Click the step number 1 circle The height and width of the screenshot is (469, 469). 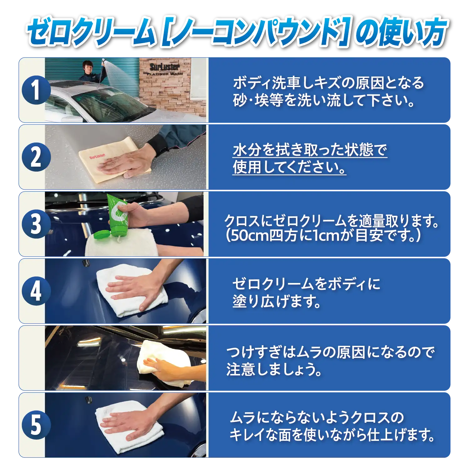point(36,90)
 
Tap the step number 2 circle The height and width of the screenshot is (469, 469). point(36,157)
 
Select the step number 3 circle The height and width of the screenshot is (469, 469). point(36,224)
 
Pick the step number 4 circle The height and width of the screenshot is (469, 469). point(36,291)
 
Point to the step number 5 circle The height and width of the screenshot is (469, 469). point(36,425)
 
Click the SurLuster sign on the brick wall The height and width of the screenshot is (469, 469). point(165,69)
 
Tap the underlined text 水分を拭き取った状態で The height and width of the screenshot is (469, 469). point(310,150)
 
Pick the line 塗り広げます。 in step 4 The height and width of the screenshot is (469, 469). point(277,301)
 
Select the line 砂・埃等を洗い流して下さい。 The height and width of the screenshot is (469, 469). point(324,100)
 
